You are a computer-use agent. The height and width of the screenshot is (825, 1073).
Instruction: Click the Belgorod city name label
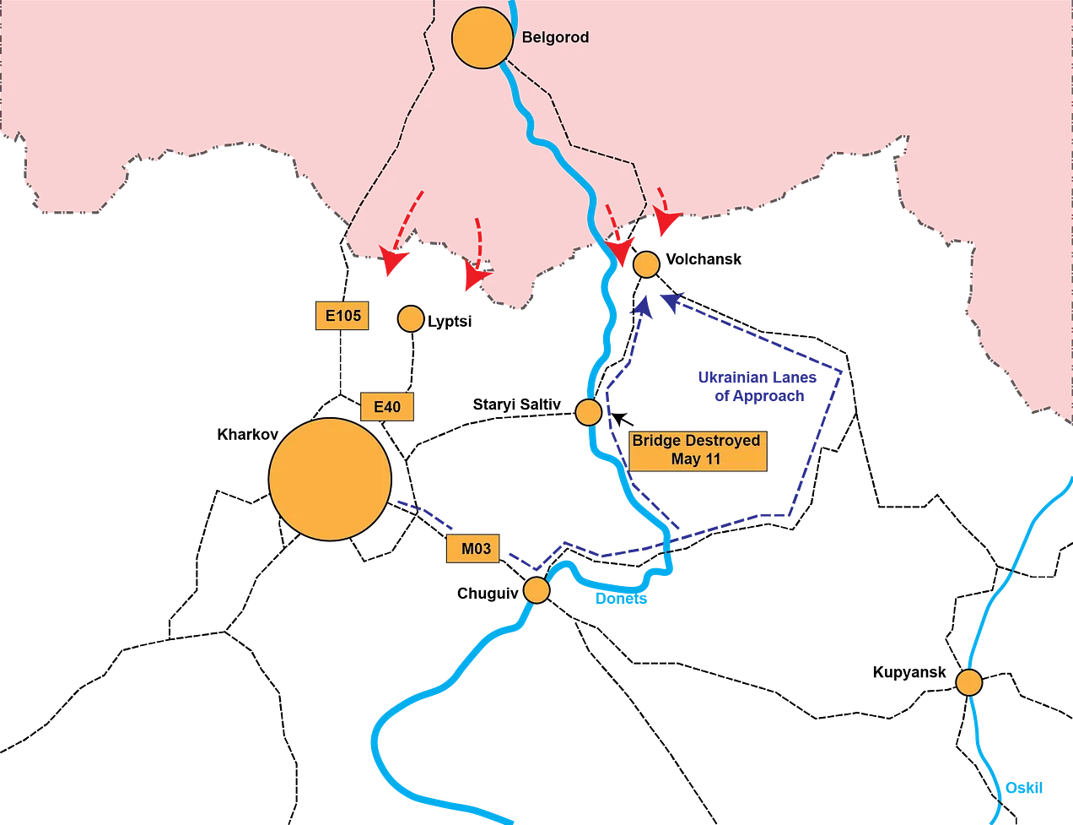tap(555, 38)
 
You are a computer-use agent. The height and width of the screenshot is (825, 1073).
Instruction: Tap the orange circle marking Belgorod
tap(482, 37)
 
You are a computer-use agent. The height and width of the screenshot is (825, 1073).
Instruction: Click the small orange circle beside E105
tap(410, 318)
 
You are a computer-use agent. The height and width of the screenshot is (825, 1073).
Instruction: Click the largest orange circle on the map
tap(330, 479)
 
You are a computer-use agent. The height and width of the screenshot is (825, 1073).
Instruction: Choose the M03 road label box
tap(476, 549)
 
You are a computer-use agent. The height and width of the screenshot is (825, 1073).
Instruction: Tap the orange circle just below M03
tap(536, 589)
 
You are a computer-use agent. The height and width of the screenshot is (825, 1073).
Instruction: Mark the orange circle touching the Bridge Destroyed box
tap(588, 412)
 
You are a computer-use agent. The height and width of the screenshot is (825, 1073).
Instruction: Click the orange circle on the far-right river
tap(969, 681)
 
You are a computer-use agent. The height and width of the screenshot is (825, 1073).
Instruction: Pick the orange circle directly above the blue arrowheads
tap(646, 264)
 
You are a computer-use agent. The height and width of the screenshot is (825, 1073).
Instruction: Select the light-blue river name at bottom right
tap(1024, 788)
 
